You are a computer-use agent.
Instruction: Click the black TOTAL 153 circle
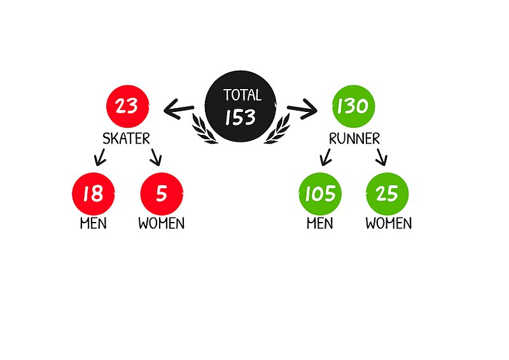[241, 107]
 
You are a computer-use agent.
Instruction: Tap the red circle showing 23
[127, 106]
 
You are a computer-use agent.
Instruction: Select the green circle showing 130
[354, 106]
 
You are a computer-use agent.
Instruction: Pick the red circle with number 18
[94, 193]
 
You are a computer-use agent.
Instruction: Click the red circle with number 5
[161, 193]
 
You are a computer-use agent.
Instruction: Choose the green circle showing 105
[320, 193]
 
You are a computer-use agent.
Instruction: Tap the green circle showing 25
[387, 193]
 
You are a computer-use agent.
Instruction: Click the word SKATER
[127, 139]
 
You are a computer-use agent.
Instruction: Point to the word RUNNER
[354, 139]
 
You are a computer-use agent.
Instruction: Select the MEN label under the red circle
[94, 224]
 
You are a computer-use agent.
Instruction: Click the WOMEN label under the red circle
[162, 224]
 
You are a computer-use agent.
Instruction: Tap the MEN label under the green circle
[320, 224]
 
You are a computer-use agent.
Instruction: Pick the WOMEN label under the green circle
[388, 224]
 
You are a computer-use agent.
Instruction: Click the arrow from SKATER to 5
[155, 156]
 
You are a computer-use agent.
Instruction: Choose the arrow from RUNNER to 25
[381, 156]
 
